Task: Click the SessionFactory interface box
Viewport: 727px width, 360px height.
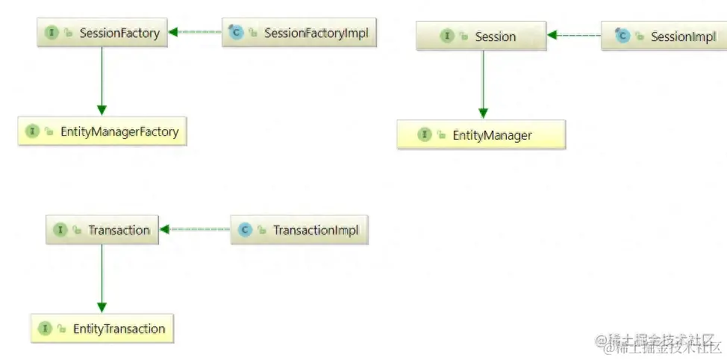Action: (x=102, y=33)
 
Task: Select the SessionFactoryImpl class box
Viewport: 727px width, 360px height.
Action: (x=299, y=33)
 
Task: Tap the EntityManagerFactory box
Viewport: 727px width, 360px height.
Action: (x=102, y=131)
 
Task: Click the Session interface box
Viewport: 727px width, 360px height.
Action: (x=481, y=36)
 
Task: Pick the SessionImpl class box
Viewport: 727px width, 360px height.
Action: (x=664, y=36)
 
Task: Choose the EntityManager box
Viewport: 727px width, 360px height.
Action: (x=481, y=135)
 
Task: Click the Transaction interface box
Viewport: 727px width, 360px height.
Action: (x=102, y=230)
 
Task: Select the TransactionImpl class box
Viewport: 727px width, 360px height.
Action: (x=299, y=230)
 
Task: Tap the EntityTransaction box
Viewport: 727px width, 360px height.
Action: (x=102, y=329)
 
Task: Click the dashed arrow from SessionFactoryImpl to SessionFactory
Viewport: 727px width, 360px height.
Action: (x=195, y=32)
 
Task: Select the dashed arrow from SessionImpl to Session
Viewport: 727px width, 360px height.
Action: (x=574, y=35)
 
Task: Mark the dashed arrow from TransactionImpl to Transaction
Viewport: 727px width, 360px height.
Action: (x=195, y=229)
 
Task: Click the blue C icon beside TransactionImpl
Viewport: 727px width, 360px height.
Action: (x=245, y=230)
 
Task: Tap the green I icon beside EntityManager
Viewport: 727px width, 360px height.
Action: (x=424, y=135)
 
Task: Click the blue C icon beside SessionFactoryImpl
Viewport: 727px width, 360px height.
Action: (x=236, y=33)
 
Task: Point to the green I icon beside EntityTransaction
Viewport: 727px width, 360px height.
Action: (x=44, y=329)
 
